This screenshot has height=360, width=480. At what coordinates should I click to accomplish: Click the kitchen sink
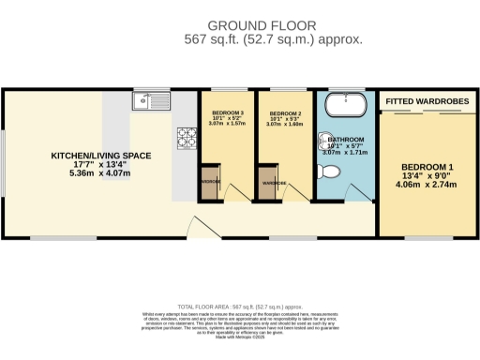point(150,99)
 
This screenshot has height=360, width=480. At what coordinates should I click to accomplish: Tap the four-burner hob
point(184,138)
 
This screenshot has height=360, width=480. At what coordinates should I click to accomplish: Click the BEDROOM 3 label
point(227,112)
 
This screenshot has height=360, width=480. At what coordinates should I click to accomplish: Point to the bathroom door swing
point(354,191)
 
